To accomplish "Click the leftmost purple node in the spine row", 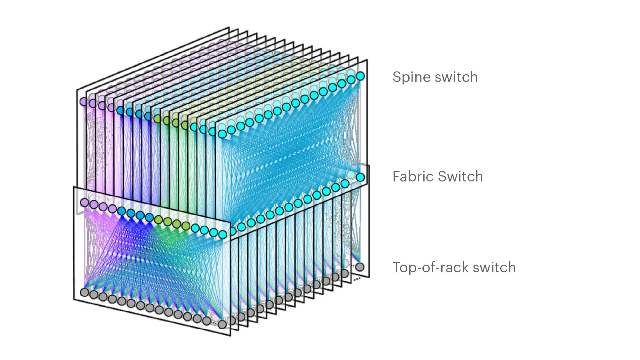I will pos(84,102).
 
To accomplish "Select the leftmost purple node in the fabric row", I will pos(84,202).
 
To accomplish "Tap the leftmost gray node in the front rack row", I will pos(84,292).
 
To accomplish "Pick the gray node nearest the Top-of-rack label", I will pos(360,267).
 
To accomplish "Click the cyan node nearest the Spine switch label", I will pos(360,76).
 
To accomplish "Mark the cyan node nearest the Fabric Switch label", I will pos(360,177).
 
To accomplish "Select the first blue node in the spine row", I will pos(121,110).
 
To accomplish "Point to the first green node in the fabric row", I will pos(158,220).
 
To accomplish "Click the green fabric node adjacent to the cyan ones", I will pos(186,226).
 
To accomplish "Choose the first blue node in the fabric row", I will pos(122,211).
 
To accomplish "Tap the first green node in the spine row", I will pos(157,119).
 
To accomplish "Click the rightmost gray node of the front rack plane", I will pos(222,324).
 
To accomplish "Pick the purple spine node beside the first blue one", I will pos(111,108).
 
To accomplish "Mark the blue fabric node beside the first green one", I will pos(149,217).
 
